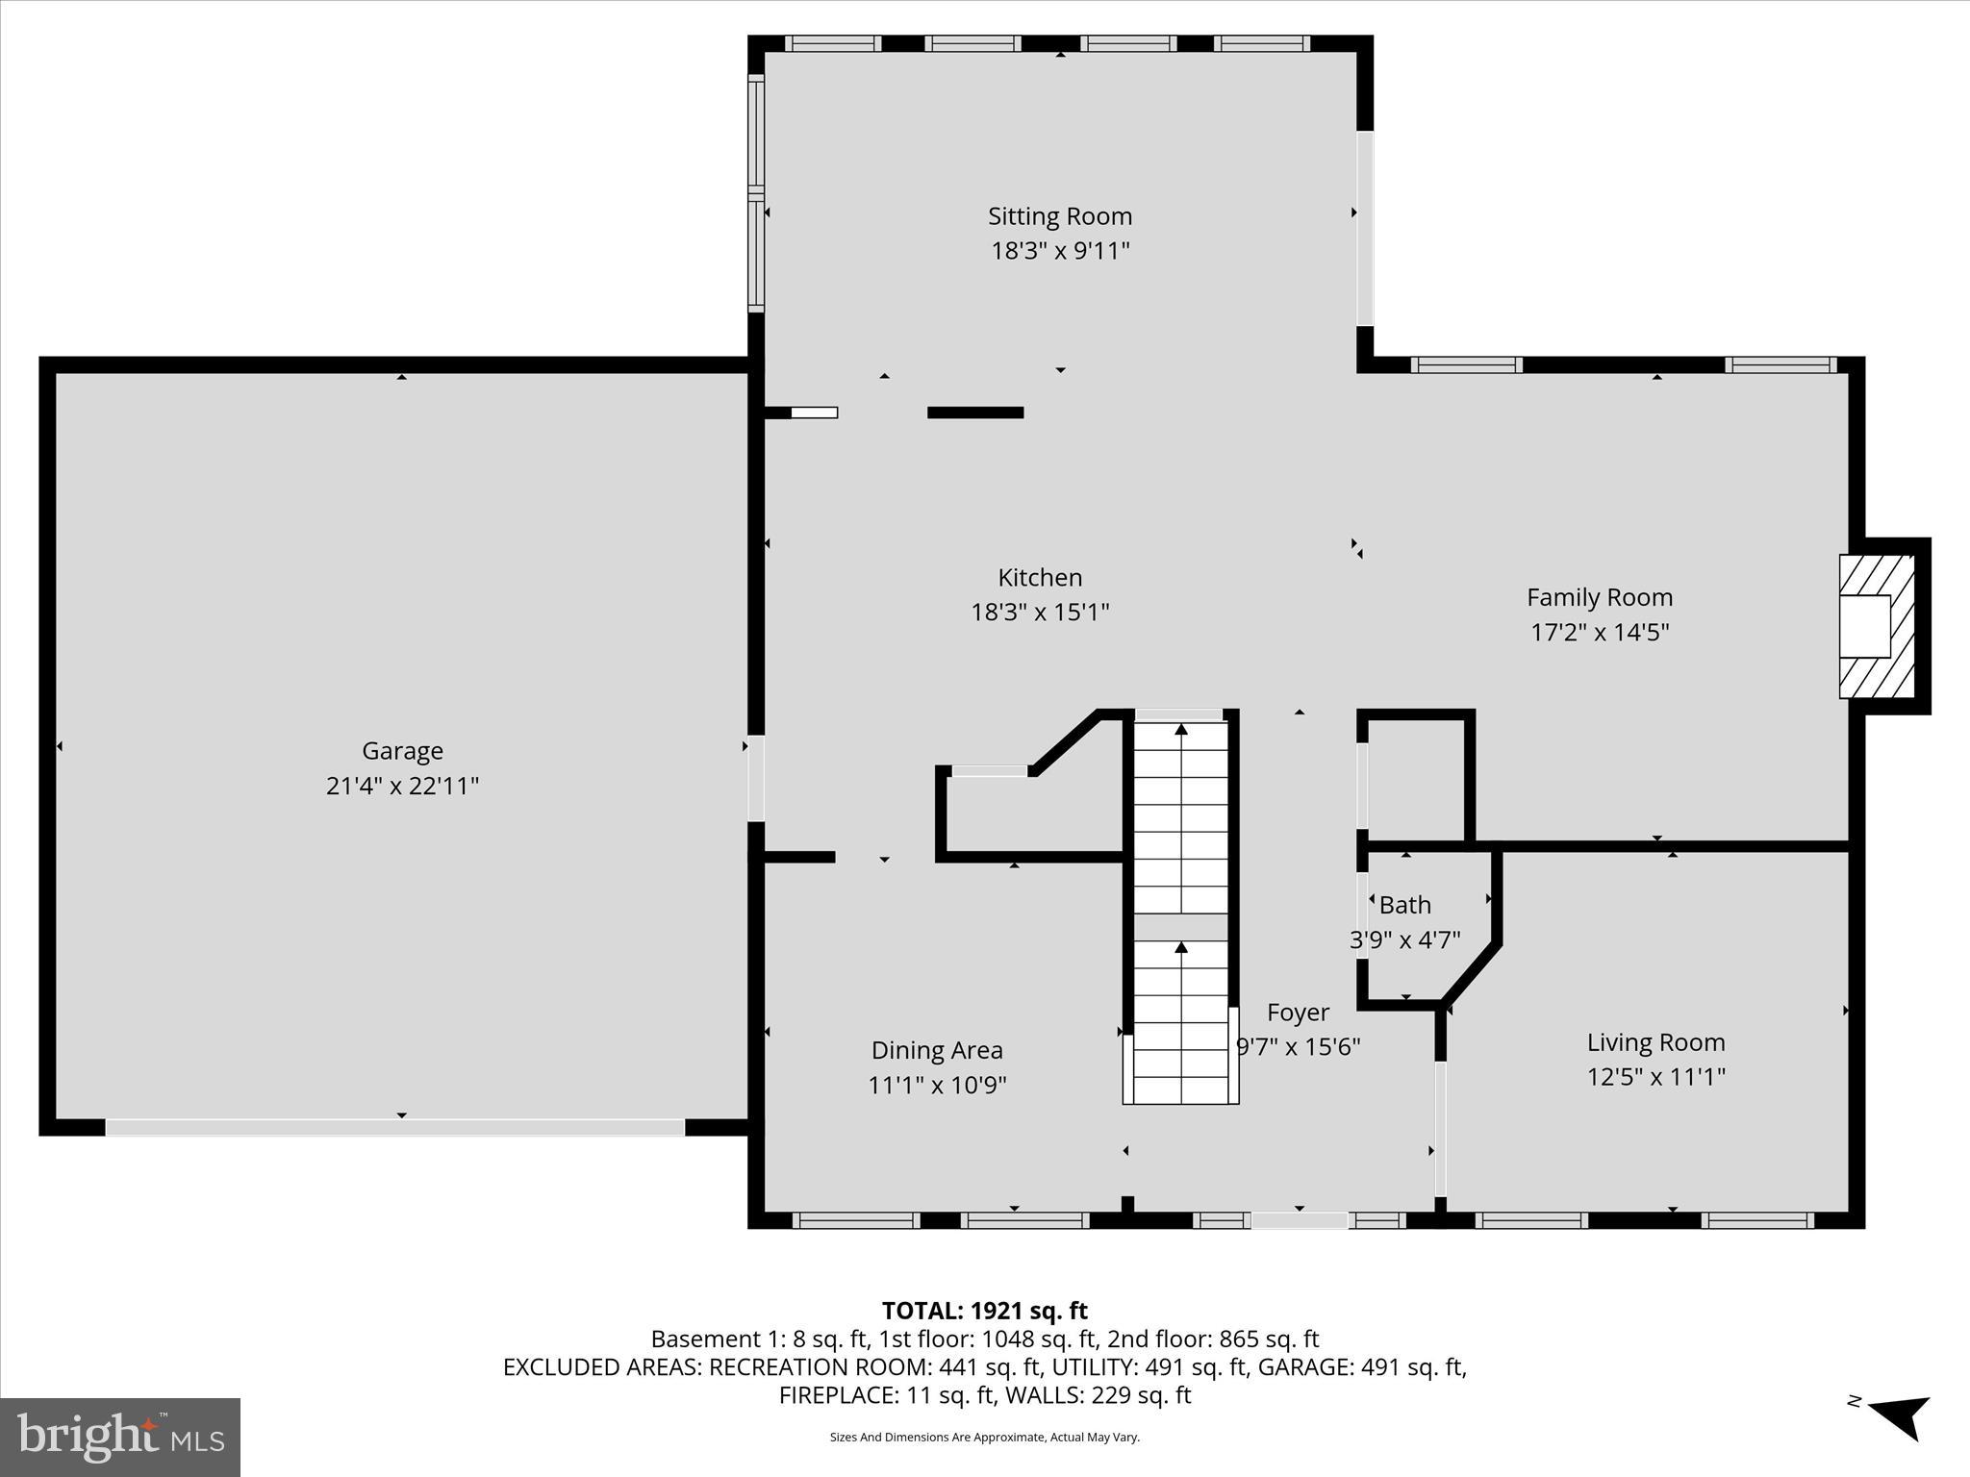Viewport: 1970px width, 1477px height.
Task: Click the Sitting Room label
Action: (1060, 216)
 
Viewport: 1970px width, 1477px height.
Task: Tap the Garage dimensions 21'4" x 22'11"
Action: (402, 786)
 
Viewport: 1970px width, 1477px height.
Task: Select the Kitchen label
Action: (1040, 577)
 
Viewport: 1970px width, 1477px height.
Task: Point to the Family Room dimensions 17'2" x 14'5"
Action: (1600, 632)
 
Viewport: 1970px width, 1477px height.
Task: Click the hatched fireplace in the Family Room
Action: (1876, 626)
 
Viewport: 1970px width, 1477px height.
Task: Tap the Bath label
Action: (1404, 905)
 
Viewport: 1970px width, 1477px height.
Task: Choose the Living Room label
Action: (1655, 1041)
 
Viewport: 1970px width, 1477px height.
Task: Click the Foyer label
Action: (1298, 1012)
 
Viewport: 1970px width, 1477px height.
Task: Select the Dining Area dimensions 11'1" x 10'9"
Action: (937, 1085)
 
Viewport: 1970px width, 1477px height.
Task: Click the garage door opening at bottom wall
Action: (394, 1127)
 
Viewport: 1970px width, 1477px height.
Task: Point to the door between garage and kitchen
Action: (756, 778)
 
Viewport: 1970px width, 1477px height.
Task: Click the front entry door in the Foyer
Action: (1299, 1220)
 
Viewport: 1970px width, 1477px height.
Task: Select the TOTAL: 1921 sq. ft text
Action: (984, 1311)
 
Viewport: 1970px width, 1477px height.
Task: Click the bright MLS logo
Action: (120, 1438)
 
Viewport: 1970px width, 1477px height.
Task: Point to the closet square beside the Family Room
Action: (1415, 779)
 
